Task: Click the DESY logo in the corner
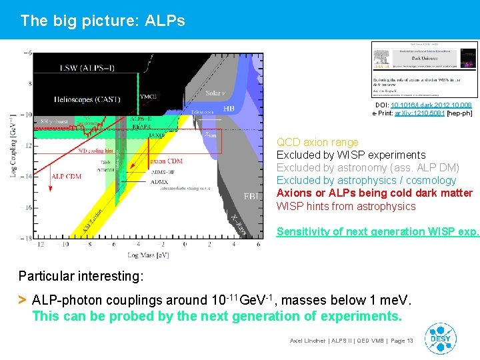coord(441,339)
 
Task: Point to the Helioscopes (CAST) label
coord(87,99)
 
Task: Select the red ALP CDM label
coord(67,176)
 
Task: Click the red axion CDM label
coord(167,161)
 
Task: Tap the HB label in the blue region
coord(228,108)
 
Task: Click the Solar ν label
coord(215,93)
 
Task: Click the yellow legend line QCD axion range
coord(317,142)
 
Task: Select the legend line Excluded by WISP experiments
coord(351,155)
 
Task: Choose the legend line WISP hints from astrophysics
coord(346,206)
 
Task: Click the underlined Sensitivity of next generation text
coord(377,231)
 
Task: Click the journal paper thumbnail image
coord(424,69)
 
